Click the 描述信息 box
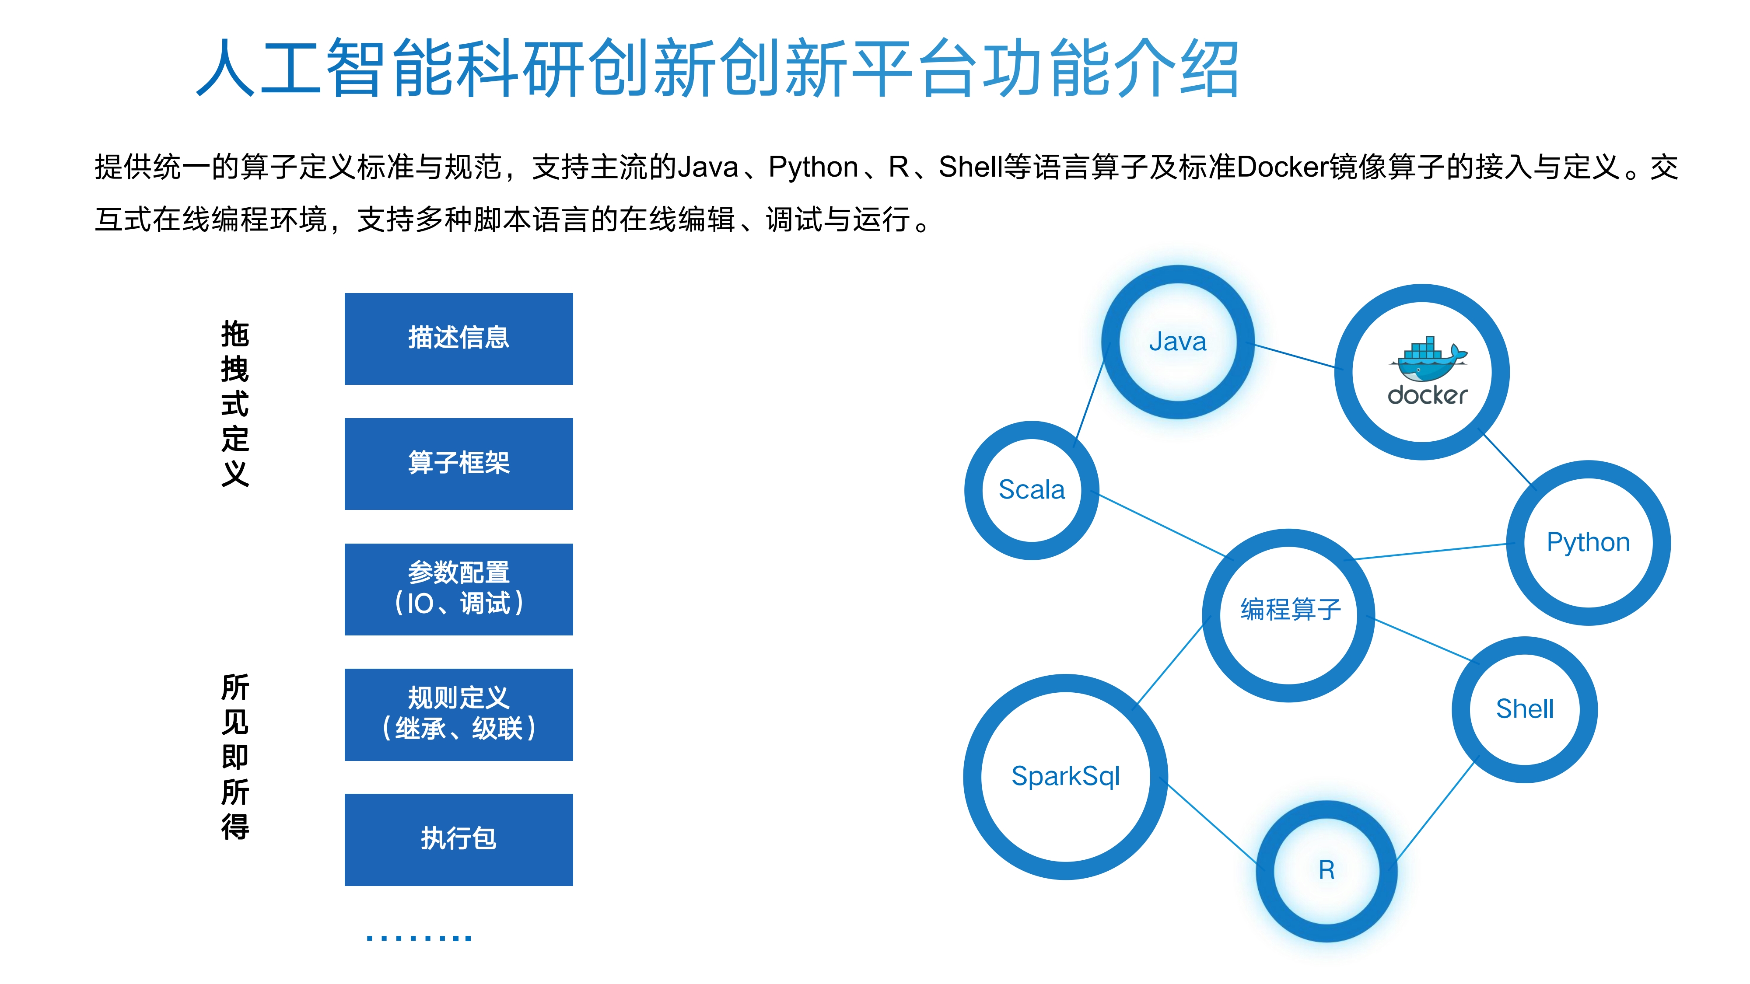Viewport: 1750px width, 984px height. click(458, 339)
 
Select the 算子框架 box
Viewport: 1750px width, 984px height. click(458, 464)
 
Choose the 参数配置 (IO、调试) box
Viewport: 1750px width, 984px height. click(458, 590)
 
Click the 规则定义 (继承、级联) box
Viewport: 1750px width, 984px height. click(458, 715)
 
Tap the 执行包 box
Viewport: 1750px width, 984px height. click(458, 839)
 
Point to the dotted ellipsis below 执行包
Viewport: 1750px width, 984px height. click(419, 938)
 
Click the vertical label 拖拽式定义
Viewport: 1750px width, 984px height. click(235, 403)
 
